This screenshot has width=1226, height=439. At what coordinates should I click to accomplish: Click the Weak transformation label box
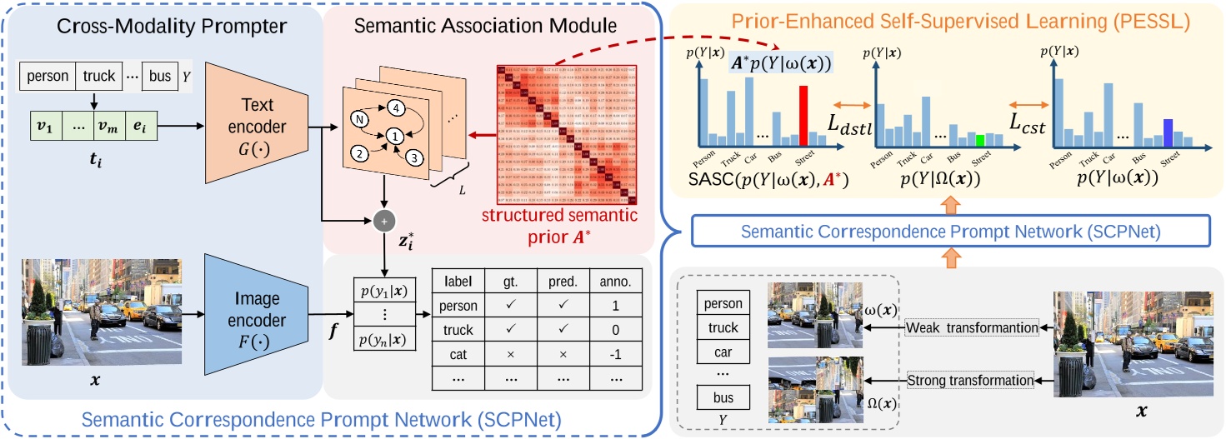pyautogui.click(x=972, y=328)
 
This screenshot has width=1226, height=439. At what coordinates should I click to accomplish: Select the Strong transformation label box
pyautogui.click(x=970, y=381)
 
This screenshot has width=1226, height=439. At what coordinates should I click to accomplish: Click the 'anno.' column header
pyautogui.click(x=615, y=282)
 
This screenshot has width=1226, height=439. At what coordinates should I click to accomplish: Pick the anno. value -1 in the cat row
pyautogui.click(x=615, y=353)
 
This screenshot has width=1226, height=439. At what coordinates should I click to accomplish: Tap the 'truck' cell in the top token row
pyautogui.click(x=98, y=76)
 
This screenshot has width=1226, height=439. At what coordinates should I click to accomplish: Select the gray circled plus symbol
pyautogui.click(x=384, y=220)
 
